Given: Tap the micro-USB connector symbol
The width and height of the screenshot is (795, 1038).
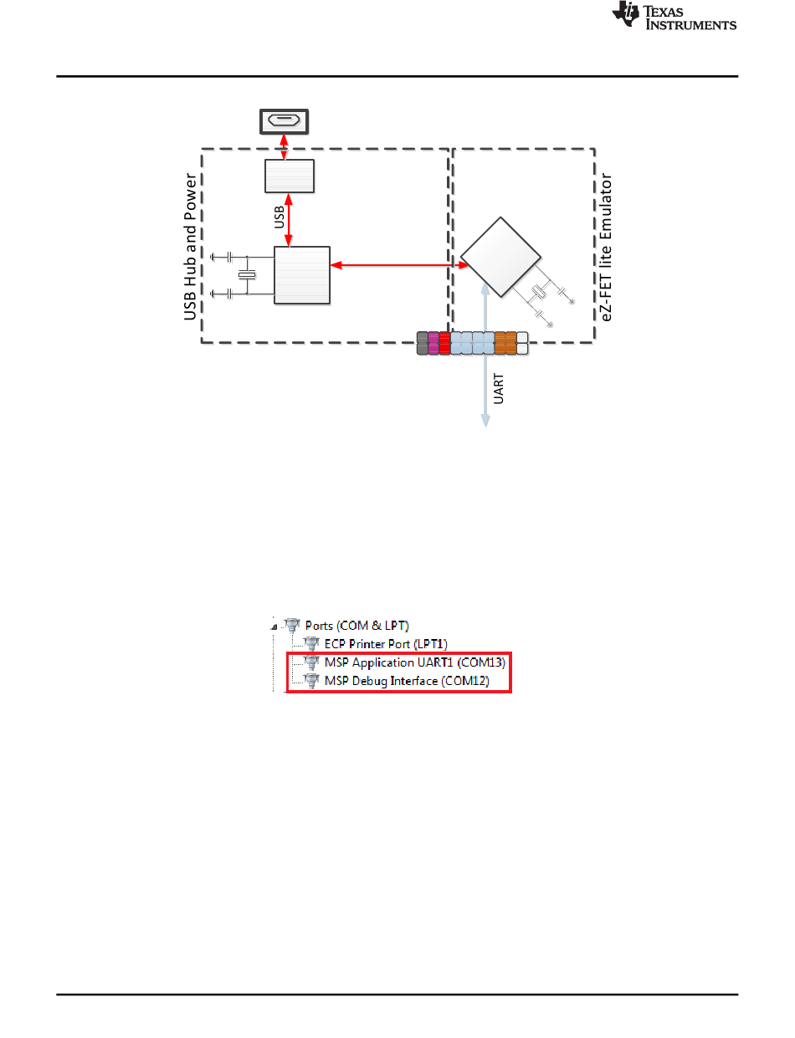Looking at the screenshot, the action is pyautogui.click(x=284, y=121).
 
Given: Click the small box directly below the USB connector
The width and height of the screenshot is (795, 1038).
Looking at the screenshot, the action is pyautogui.click(x=290, y=176).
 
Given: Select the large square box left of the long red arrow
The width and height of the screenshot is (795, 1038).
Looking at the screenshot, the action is pyautogui.click(x=302, y=275).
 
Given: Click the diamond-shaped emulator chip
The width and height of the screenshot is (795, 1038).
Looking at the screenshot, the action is pyautogui.click(x=500, y=258).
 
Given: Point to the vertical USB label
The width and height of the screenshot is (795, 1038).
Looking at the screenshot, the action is pyautogui.click(x=280, y=218).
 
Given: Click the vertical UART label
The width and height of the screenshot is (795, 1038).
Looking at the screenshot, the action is pyautogui.click(x=499, y=391).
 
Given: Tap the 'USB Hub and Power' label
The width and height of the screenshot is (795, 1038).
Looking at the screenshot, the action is pyautogui.click(x=189, y=248).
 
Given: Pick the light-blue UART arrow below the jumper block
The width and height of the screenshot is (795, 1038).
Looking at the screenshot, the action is pyautogui.click(x=485, y=393).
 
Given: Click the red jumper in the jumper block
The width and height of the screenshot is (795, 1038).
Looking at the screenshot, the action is pyautogui.click(x=444, y=343).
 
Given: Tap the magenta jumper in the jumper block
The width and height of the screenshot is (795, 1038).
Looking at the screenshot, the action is pyautogui.click(x=433, y=343).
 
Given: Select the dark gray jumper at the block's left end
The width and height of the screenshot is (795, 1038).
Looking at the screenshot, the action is pyautogui.click(x=423, y=343).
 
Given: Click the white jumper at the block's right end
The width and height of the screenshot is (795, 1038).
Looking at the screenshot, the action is pyautogui.click(x=522, y=343).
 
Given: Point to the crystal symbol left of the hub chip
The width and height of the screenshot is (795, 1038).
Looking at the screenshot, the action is pyautogui.click(x=246, y=274).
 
